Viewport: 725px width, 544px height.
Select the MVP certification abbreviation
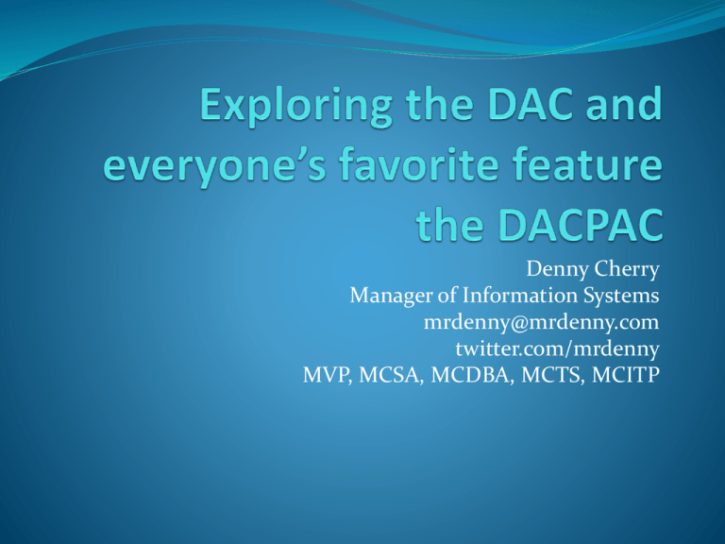click(x=318, y=374)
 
